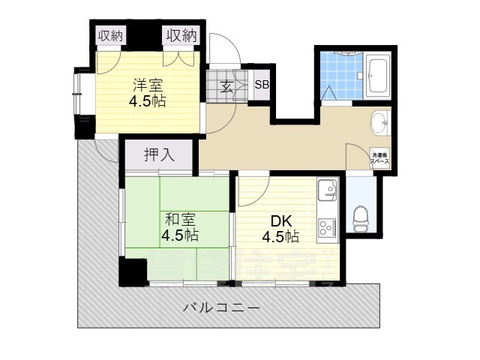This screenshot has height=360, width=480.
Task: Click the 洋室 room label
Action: tap(148, 84)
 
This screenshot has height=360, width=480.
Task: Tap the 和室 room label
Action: tap(180, 219)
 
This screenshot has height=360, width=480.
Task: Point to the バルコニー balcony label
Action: tap(221, 308)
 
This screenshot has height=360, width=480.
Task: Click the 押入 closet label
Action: tap(158, 155)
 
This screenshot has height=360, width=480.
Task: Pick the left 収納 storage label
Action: tap(111, 35)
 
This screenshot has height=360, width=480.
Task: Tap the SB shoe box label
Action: tap(261, 84)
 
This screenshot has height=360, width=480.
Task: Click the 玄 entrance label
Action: tap(226, 85)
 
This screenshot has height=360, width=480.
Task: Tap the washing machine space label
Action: tap(379, 159)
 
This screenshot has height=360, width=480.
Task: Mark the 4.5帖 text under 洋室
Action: tap(148, 100)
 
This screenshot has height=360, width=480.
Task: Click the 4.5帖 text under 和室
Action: tap(180, 235)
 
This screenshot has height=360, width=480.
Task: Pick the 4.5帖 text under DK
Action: tap(280, 237)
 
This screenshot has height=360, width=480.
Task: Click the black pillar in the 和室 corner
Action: tap(133, 271)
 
